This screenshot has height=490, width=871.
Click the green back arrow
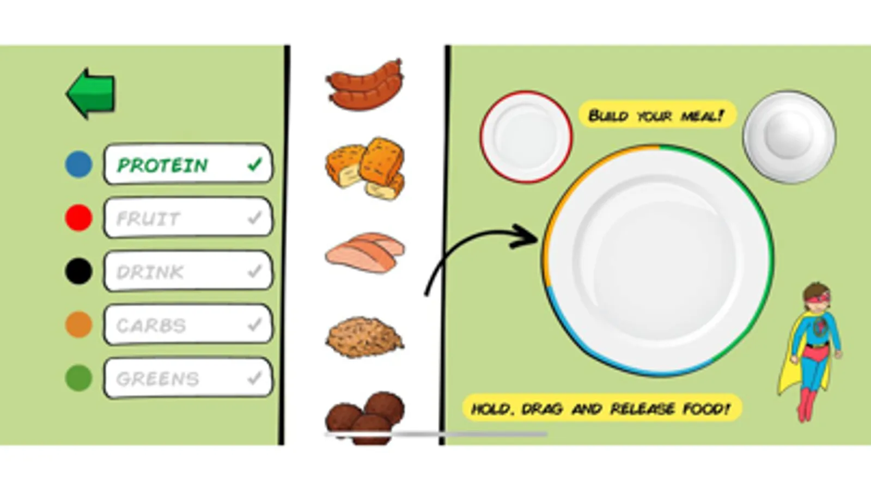click(x=91, y=94)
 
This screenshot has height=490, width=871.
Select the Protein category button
click(x=188, y=164)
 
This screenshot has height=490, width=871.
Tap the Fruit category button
click(x=188, y=217)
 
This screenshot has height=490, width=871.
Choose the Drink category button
click(x=188, y=271)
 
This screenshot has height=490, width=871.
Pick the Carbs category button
click(x=188, y=324)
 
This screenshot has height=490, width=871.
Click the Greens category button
click(x=188, y=378)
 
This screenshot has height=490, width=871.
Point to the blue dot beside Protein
click(x=78, y=164)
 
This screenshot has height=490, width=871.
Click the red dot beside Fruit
click(x=78, y=218)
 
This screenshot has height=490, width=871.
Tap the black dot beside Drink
click(x=78, y=271)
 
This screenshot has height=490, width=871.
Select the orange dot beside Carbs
click(x=78, y=324)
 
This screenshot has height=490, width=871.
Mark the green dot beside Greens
click(x=78, y=378)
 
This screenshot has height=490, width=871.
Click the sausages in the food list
click(x=365, y=85)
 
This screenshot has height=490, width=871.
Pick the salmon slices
click(x=365, y=253)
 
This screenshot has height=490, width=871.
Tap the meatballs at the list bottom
click(x=365, y=418)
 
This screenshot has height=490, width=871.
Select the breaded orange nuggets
click(x=365, y=168)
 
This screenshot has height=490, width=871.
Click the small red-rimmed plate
click(x=526, y=137)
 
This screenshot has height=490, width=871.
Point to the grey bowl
click(x=789, y=137)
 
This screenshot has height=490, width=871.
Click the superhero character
click(x=811, y=352)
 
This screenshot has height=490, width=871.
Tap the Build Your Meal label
click(x=657, y=115)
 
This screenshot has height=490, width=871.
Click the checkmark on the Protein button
click(x=255, y=165)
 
